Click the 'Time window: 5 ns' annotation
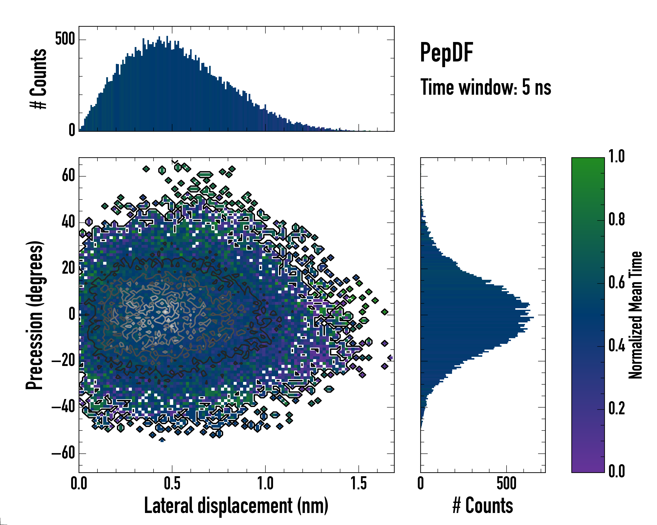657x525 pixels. click(x=486, y=87)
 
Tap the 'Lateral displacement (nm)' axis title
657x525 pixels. click(x=236, y=506)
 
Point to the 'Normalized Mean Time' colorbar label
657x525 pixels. click(x=636, y=315)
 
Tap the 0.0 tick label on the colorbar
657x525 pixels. click(x=616, y=471)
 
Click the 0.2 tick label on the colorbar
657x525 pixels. click(x=616, y=408)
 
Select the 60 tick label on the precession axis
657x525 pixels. click(x=68, y=176)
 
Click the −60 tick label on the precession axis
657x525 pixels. click(x=63, y=453)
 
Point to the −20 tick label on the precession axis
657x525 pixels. click(x=63, y=361)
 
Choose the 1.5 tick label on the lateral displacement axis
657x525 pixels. click(x=359, y=484)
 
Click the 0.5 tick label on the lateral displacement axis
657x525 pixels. click(x=172, y=484)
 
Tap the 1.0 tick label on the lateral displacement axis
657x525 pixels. click(x=265, y=484)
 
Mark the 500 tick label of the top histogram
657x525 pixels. click(x=65, y=39)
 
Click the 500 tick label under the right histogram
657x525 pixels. click(x=507, y=484)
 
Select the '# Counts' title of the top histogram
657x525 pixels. click(x=38, y=79)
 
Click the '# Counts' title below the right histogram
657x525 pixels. click(x=483, y=506)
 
